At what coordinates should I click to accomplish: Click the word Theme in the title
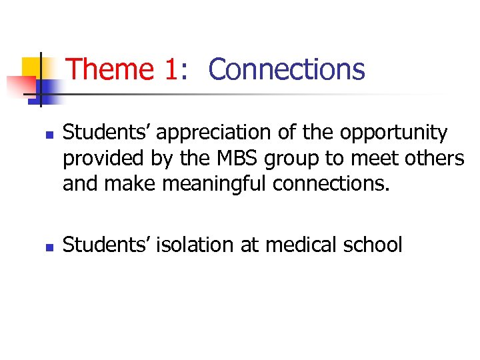point(111,69)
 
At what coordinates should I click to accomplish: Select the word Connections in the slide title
point(287,69)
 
